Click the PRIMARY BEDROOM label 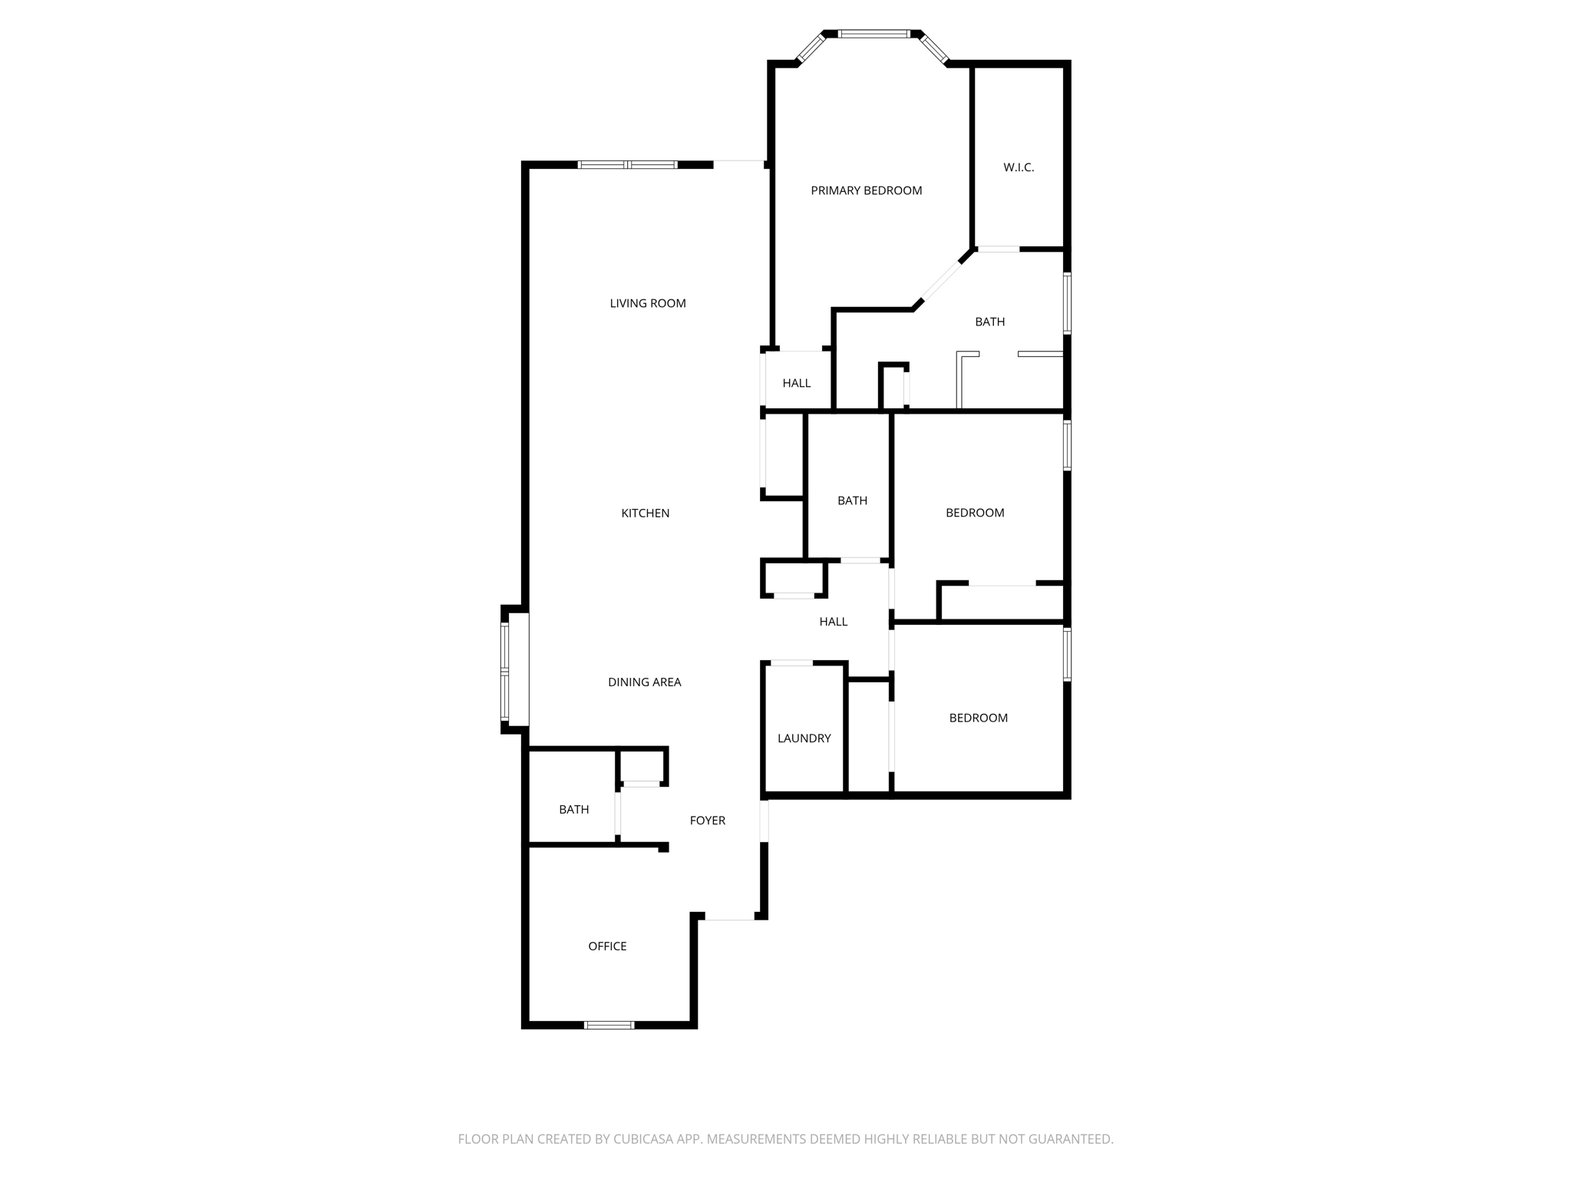(866, 190)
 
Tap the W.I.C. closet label (1019, 167)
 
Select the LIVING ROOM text (648, 303)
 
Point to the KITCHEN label (646, 513)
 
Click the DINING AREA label (644, 682)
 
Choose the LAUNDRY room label (804, 738)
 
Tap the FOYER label (707, 821)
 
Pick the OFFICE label (607, 946)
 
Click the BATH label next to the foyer (573, 810)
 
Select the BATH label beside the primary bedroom (989, 322)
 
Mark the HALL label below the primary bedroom (796, 383)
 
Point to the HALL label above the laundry (833, 622)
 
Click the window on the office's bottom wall (609, 1025)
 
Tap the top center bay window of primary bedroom (874, 34)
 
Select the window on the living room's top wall (627, 164)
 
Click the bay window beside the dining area (504, 672)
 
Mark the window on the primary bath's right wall (1067, 303)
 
